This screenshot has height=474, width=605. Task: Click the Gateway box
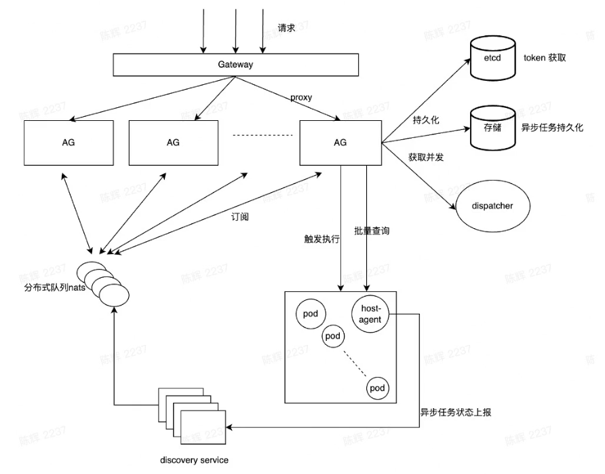coord(235,65)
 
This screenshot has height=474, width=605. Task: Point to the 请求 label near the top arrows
coord(287,29)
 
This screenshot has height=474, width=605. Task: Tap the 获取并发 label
coord(425,157)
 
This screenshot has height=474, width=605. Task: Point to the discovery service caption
coord(195,460)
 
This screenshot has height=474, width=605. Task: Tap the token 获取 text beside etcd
coord(544,58)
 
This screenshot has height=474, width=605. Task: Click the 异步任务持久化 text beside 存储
coord(551,127)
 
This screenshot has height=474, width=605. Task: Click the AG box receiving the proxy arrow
coord(340,143)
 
